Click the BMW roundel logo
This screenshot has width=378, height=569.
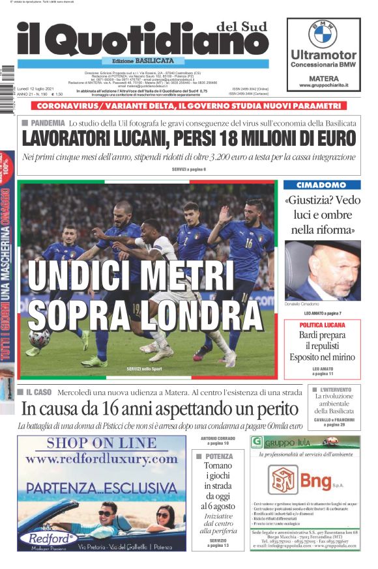pyautogui.click(x=323, y=33)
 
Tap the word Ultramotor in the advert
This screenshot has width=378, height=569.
pyautogui.click(x=323, y=55)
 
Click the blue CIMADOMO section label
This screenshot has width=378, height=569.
pyautogui.click(x=322, y=186)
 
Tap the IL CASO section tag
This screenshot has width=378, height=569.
pyautogui.click(x=38, y=393)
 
